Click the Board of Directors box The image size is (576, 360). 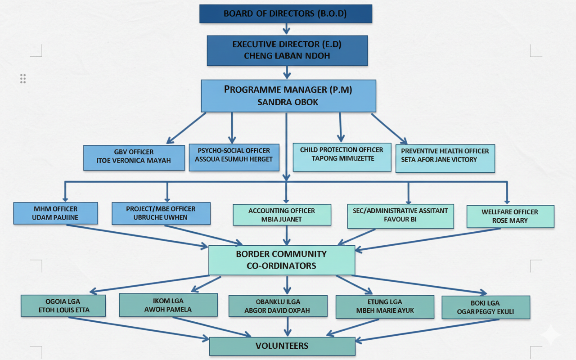click(286, 13)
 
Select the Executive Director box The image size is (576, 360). click(287, 50)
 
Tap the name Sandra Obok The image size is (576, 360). click(288, 102)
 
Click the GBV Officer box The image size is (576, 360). click(134, 157)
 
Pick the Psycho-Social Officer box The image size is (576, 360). click(234, 157)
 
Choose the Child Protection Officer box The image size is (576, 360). click(342, 157)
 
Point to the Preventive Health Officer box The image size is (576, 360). click(445, 158)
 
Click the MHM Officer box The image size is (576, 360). click(55, 213)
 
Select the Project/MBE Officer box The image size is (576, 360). click(161, 213)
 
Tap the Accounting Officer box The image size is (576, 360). click(282, 215)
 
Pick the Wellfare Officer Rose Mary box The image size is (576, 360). click(510, 216)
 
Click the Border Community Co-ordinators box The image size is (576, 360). click(282, 260)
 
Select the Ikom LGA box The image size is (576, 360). click(168, 305)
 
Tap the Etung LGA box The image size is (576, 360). click(385, 306)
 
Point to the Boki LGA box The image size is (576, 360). click(486, 307)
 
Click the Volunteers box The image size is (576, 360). click(282, 346)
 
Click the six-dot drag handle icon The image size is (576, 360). click(23, 79)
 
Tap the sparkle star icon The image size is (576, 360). click(550, 335)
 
